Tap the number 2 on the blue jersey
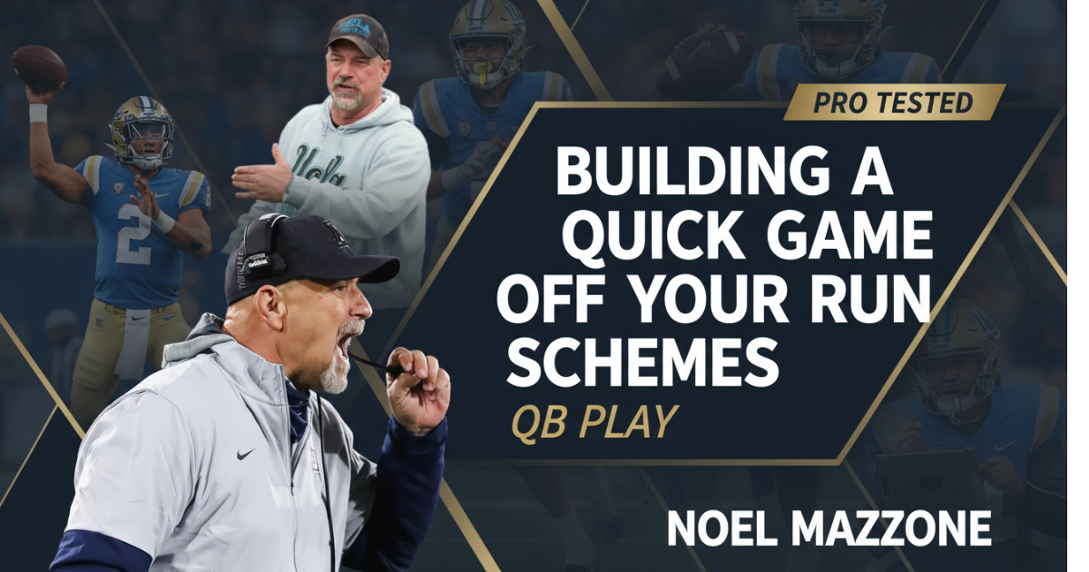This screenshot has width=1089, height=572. point(133,233)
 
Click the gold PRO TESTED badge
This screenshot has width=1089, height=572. point(894,102)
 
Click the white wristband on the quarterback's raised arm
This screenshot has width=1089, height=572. point(38,113)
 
